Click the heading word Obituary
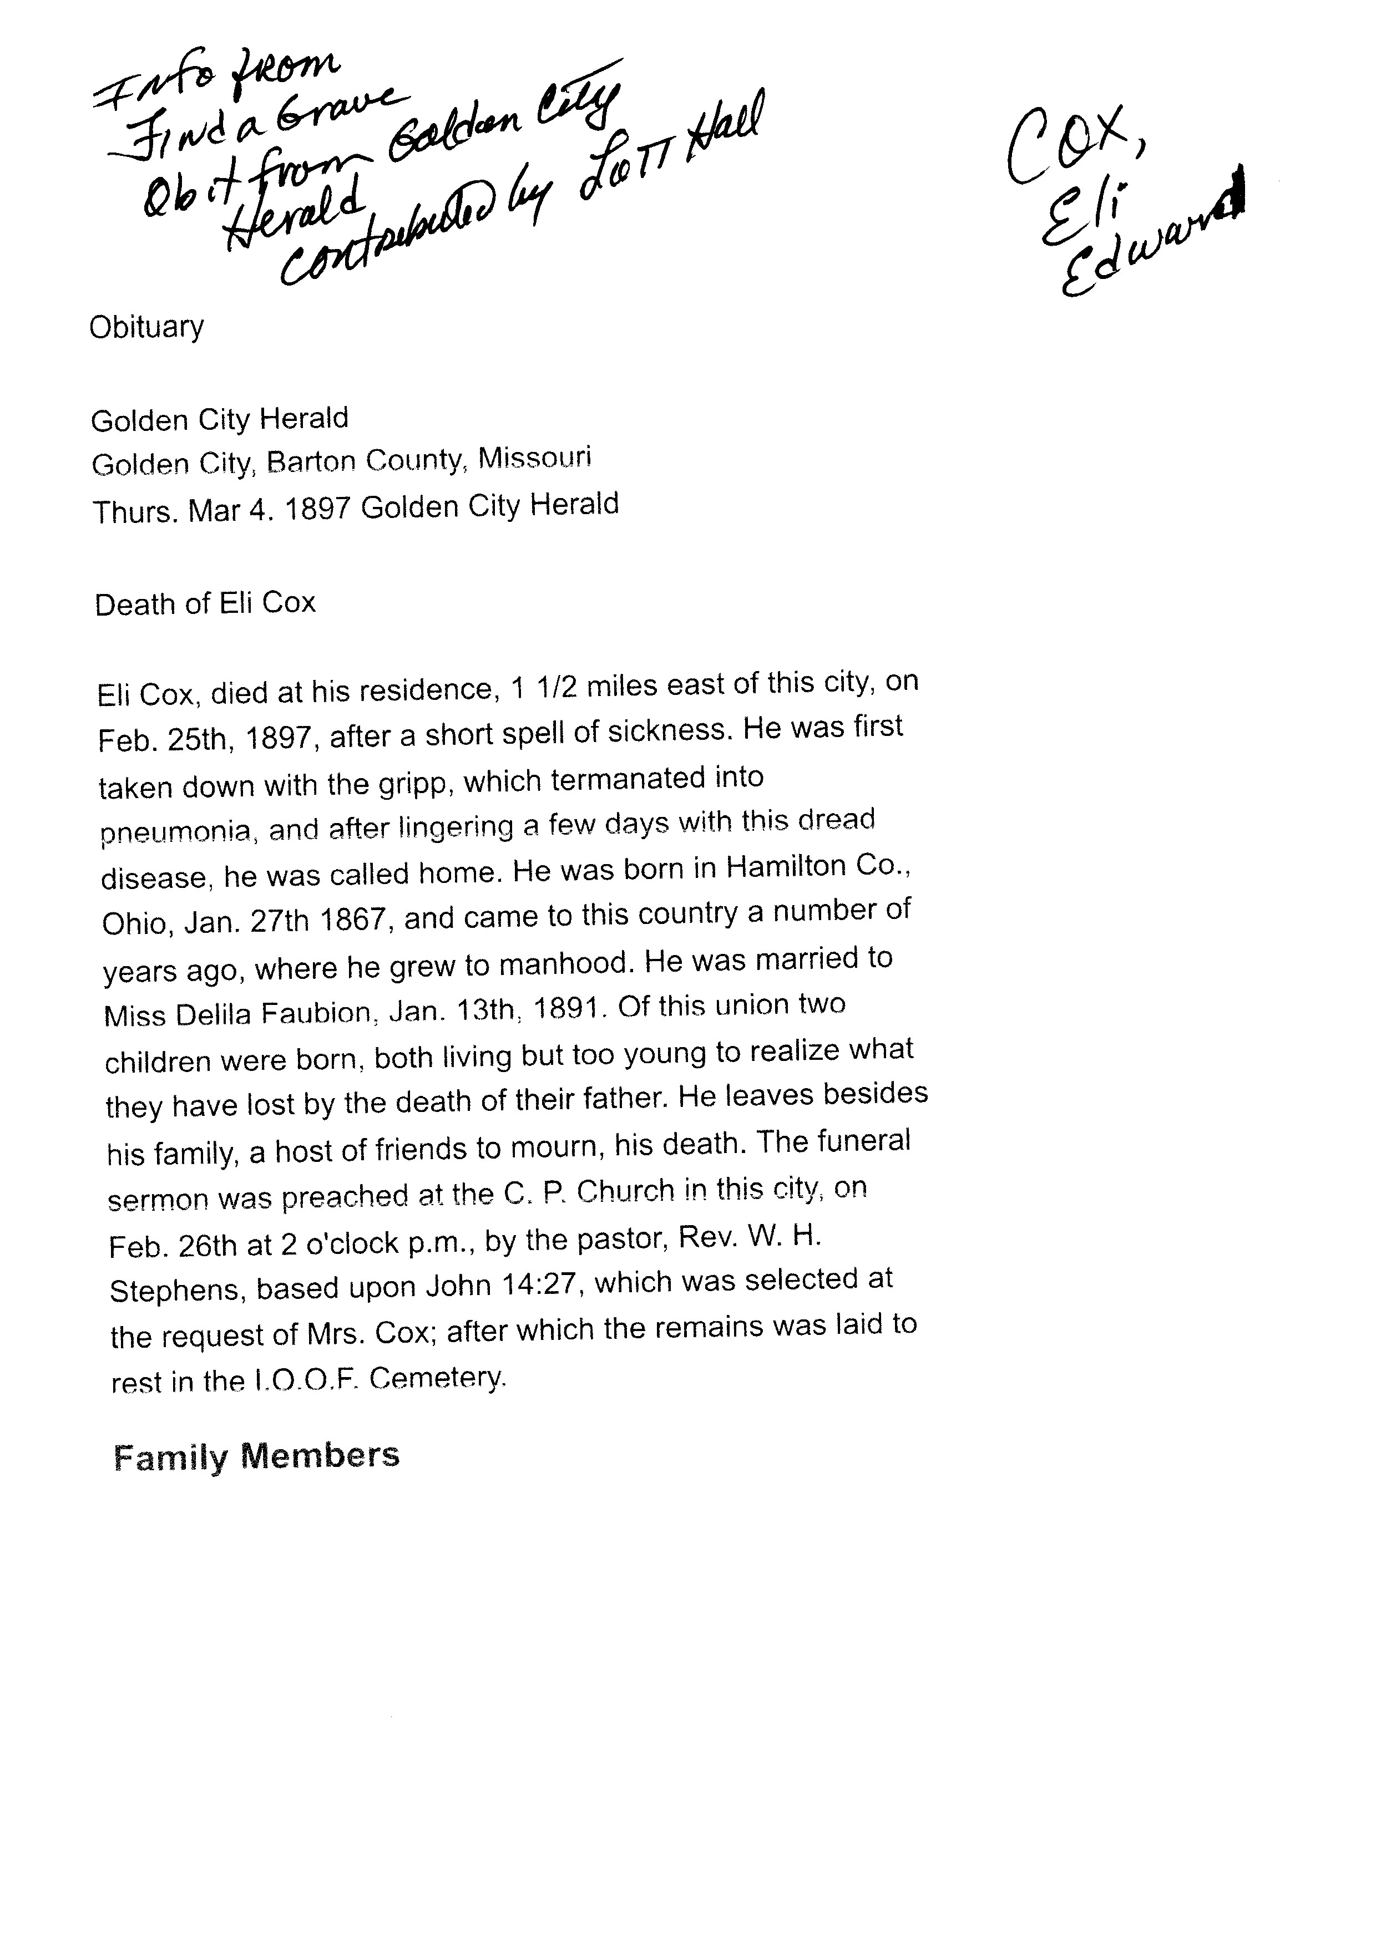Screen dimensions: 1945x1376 point(146,327)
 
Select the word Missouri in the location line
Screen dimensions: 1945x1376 point(535,458)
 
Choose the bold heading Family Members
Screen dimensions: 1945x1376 point(256,1456)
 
